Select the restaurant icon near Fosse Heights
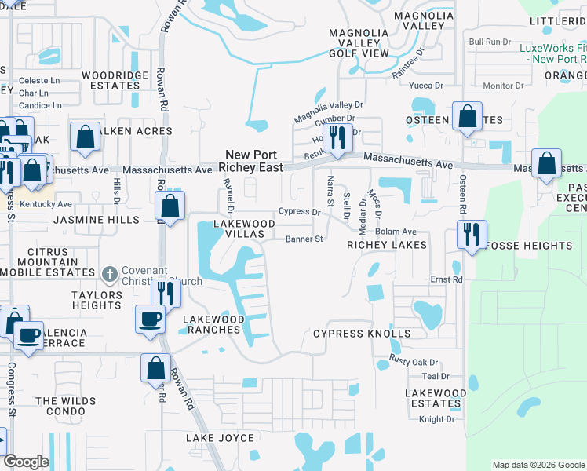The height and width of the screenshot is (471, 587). tap(472, 234)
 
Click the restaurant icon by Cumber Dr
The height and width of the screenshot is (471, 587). tap(337, 137)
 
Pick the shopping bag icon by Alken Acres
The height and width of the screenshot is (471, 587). tap(85, 136)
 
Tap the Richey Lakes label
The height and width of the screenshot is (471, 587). tap(387, 245)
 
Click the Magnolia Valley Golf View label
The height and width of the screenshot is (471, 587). tap(359, 43)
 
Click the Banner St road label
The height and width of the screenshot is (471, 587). tap(304, 239)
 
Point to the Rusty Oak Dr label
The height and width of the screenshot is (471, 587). tap(414, 362)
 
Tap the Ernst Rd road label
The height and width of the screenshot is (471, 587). tap(446, 279)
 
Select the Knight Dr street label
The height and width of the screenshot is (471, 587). tap(437, 419)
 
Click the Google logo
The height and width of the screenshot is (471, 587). tap(26, 462)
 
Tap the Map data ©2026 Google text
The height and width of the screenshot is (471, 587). tap(538, 465)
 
